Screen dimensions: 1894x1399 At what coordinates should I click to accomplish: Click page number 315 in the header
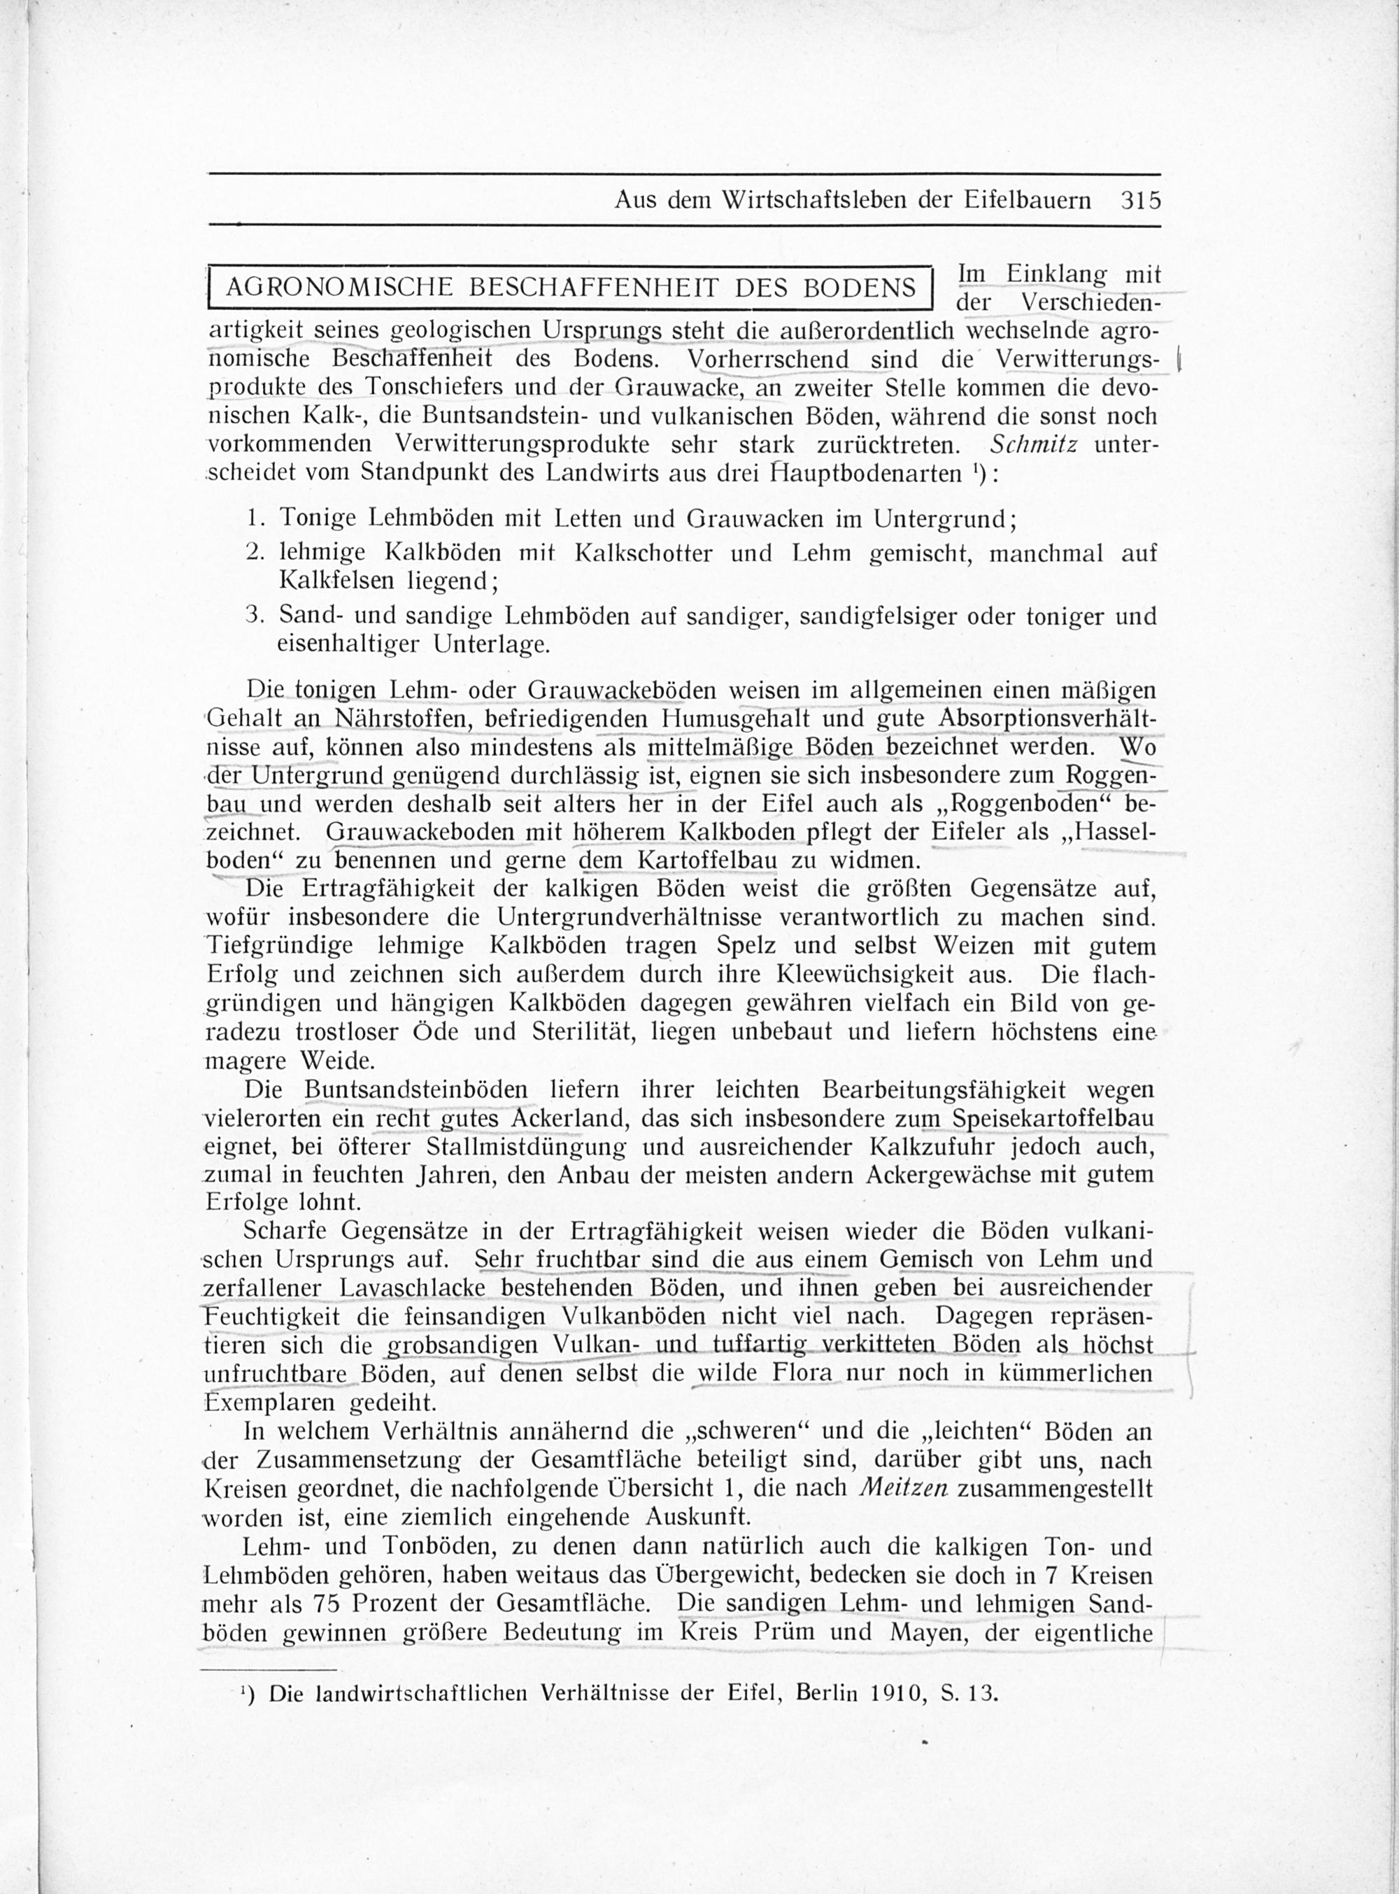[x=1140, y=201]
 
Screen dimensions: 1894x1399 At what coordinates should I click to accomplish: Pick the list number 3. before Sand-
[x=254, y=616]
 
